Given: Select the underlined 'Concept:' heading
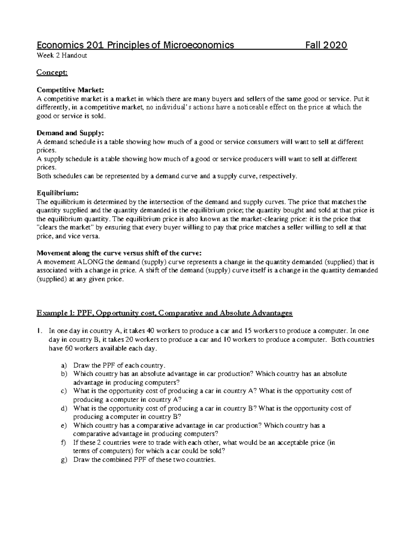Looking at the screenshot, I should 52,72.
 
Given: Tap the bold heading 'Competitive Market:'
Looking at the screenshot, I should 70,90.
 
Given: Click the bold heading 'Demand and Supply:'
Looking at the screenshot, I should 70,133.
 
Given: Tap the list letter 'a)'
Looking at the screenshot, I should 63,365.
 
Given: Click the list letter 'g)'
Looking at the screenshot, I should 63,460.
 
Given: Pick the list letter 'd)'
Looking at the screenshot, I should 63,408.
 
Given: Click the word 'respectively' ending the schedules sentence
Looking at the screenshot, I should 278,176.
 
